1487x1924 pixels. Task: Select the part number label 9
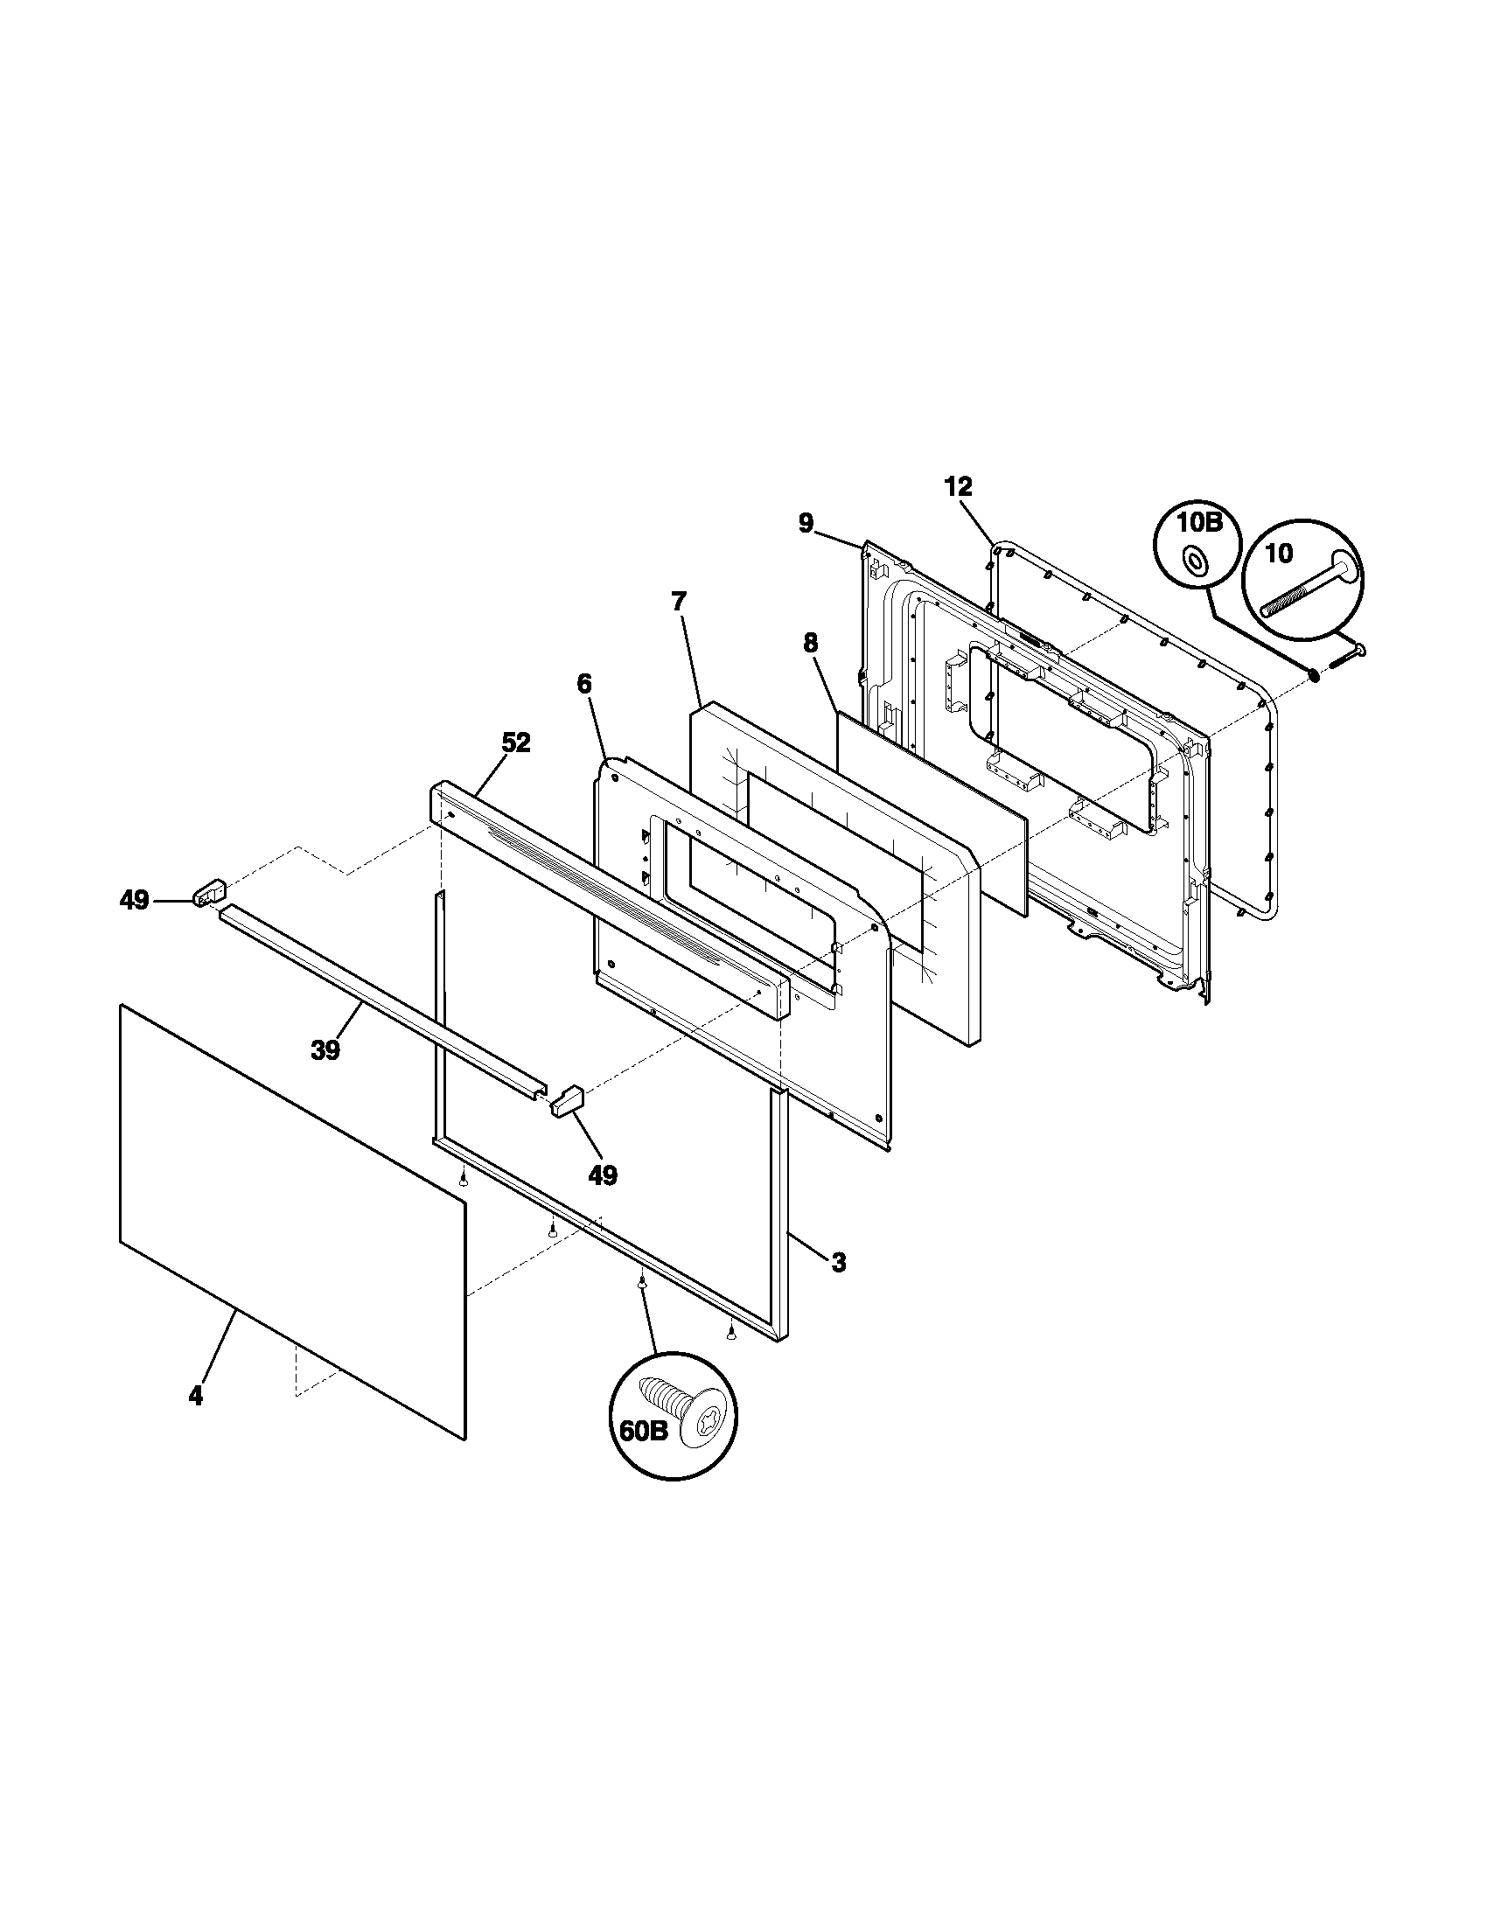[806, 523]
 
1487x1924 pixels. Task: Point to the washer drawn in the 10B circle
[1196, 559]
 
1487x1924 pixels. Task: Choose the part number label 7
[677, 603]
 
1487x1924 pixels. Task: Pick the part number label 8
[810, 643]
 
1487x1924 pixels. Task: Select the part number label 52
[516, 742]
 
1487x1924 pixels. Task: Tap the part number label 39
[326, 1050]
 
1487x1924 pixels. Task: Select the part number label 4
[196, 1396]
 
